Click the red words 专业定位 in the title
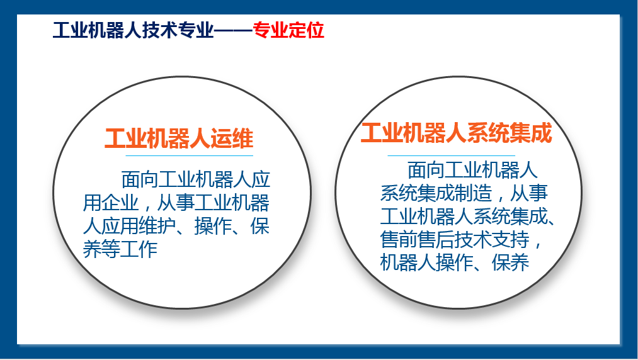[288, 30]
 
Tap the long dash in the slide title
[233, 30]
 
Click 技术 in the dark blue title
[159, 30]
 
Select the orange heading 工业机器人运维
[179, 138]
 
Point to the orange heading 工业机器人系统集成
[457, 133]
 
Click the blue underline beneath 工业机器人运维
[189, 155]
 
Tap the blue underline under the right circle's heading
[451, 155]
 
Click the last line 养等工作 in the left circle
[120, 249]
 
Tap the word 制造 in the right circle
[473, 193]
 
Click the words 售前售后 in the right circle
[418, 240]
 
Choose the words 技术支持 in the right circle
[492, 240]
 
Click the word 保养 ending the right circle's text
[510, 262]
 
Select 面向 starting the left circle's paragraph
[140, 179]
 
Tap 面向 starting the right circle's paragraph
[426, 170]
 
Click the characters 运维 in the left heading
[232, 138]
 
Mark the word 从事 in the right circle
[529, 193]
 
